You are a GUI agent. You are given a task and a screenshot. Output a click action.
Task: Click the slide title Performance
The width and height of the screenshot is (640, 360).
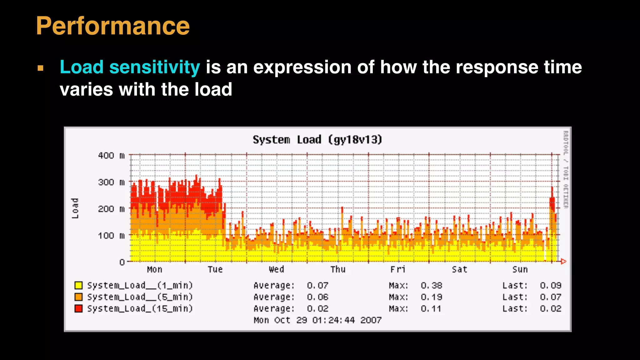(x=113, y=26)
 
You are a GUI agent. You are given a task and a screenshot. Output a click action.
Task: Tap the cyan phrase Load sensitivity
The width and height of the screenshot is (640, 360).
(x=130, y=67)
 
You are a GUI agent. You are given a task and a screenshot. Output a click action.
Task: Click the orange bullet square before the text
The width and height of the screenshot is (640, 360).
(x=40, y=68)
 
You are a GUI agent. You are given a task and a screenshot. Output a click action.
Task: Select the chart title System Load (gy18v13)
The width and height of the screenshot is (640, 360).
(x=317, y=139)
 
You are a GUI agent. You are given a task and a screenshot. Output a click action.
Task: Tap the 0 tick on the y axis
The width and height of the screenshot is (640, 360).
(x=122, y=262)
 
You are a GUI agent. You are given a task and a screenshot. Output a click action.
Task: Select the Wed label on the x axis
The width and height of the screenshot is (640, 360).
(x=276, y=269)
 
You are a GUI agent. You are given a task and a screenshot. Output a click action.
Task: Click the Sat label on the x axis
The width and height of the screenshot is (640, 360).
(x=459, y=269)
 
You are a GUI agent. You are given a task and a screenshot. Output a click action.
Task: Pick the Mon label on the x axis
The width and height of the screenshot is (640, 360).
(x=155, y=269)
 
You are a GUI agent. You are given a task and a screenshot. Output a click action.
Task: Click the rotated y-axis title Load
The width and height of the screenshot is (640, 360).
(x=75, y=208)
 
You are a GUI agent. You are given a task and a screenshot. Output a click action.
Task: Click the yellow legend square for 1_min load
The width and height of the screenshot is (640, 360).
(x=78, y=285)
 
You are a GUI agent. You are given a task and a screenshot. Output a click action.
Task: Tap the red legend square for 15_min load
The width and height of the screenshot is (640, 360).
(x=78, y=309)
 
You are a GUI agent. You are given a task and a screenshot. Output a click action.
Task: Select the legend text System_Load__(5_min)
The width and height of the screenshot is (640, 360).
(x=140, y=297)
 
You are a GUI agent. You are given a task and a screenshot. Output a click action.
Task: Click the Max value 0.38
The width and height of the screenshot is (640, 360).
(x=431, y=285)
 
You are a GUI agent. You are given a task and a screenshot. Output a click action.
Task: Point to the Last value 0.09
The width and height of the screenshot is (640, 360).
(x=551, y=285)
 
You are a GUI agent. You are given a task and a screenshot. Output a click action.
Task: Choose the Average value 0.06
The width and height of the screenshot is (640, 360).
(x=317, y=297)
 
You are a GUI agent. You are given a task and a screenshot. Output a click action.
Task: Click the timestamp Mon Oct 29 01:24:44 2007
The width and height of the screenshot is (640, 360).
(x=317, y=320)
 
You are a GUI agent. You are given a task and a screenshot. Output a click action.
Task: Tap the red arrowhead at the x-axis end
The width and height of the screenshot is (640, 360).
(x=563, y=261)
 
